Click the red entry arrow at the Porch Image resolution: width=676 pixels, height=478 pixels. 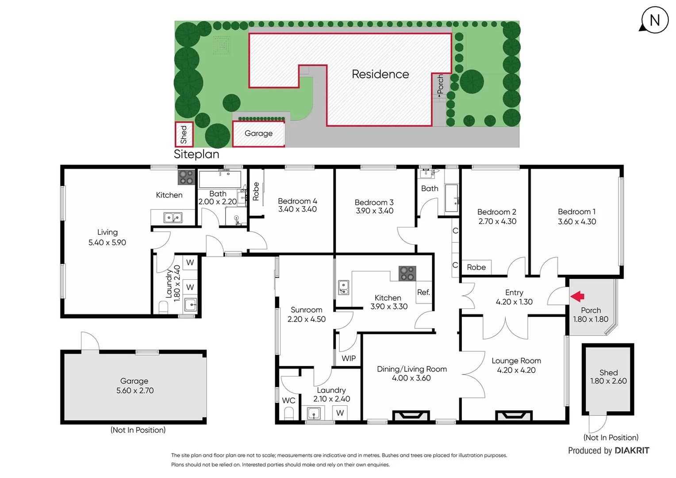tap(577, 296)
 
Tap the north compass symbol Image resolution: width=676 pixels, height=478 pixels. tap(654, 20)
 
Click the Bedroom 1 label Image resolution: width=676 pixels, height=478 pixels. tap(576, 212)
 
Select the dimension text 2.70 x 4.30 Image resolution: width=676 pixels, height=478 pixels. tap(497, 221)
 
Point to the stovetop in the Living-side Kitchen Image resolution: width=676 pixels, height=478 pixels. tap(186, 177)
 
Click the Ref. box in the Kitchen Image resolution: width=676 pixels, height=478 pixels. tap(423, 292)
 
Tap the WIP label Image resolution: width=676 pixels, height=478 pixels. tap(349, 358)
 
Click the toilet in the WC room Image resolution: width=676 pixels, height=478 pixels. tap(288, 413)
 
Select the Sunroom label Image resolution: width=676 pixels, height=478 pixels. tap(306, 310)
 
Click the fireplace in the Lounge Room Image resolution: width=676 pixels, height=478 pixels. tap(514, 416)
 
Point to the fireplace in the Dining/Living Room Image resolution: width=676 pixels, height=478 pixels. tap(411, 416)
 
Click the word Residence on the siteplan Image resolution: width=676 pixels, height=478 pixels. tap(380, 74)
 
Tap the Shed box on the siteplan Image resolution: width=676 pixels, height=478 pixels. tap(184, 135)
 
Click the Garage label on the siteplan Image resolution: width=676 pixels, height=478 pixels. tap(258, 133)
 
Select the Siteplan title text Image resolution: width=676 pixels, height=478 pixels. tap(196, 154)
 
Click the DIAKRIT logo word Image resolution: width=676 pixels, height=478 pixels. tap(632, 451)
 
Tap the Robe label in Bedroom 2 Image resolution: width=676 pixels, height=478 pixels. tap(476, 267)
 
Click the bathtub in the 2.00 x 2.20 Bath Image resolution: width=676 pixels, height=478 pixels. tap(220, 180)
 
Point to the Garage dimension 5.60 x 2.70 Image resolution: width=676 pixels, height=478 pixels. tap(135, 390)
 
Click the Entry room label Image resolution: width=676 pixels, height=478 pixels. tap(514, 293)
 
